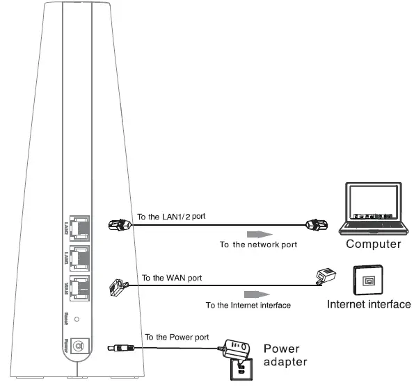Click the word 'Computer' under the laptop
pos(374,244)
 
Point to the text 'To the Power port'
pos(176,337)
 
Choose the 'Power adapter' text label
pos(283,355)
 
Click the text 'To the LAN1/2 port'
pos(171,217)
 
